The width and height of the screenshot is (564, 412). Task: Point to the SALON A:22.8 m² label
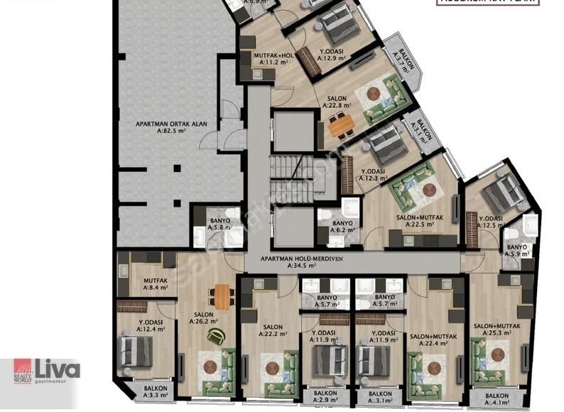[337, 102]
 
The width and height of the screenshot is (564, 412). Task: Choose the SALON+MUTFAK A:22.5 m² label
[415, 222]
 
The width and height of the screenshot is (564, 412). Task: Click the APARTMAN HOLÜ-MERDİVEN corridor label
[302, 262]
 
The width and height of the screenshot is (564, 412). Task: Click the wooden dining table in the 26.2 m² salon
[222, 296]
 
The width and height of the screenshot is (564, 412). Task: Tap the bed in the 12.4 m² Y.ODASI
[137, 352]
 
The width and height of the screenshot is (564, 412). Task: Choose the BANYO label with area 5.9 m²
[517, 251]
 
